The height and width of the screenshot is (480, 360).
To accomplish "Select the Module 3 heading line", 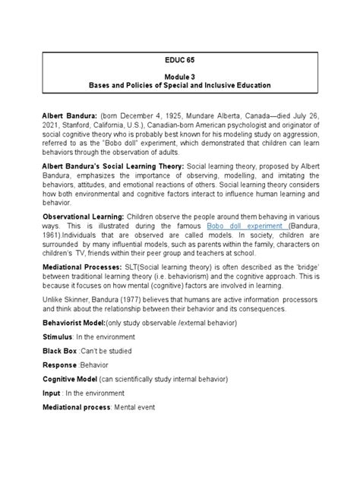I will (x=180, y=75).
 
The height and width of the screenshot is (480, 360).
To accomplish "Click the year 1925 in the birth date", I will (x=176, y=114).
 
